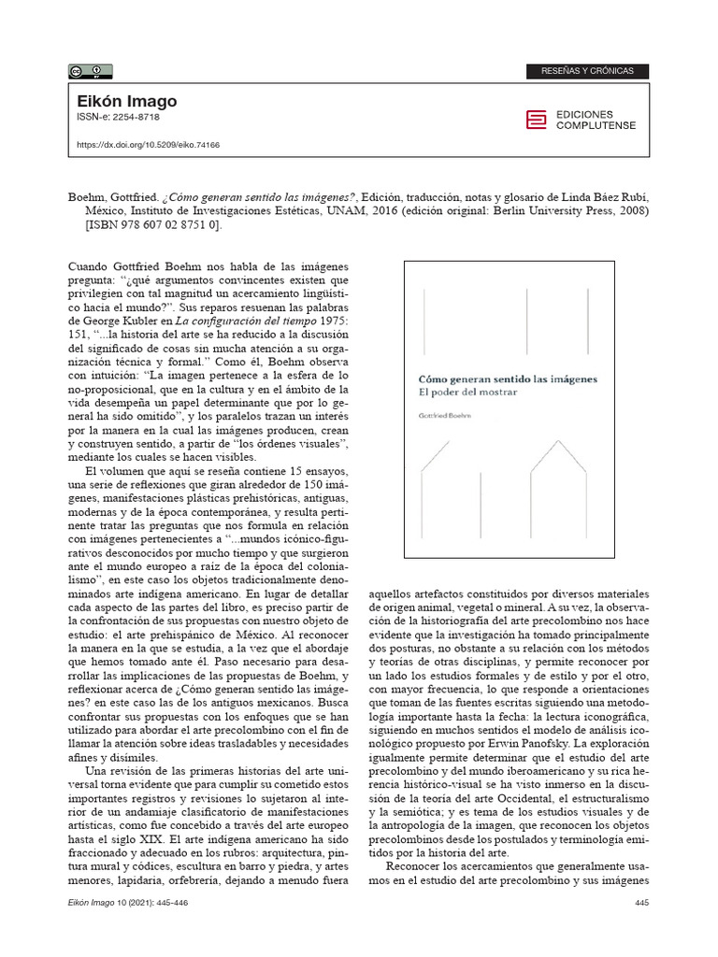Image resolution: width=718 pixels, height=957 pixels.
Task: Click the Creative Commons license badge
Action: [91, 71]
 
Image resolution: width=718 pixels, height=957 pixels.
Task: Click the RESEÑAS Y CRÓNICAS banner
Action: [588, 71]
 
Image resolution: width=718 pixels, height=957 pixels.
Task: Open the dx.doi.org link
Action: [147, 145]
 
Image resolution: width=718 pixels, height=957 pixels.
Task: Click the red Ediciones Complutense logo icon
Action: [535, 120]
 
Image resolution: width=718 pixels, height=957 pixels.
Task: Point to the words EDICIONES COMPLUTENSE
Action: [596, 120]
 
